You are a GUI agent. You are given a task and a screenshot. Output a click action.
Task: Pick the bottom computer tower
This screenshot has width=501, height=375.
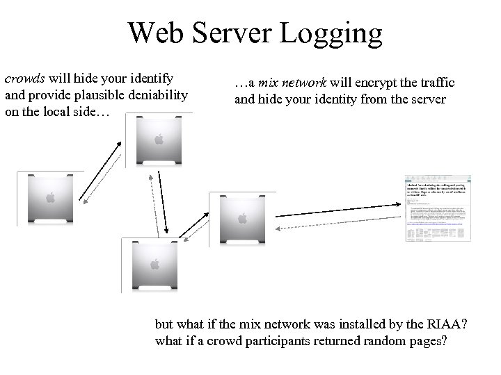coord(151,264)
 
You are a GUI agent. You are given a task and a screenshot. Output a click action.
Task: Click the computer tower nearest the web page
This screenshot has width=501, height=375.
coord(242,218)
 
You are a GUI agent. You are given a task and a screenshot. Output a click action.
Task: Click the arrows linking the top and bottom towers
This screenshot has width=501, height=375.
coord(164,202)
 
